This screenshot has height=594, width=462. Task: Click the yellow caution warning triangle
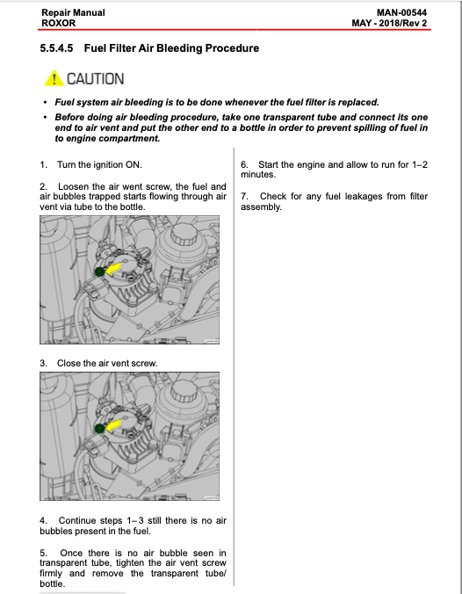[54, 78]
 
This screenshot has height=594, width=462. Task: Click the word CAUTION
[96, 79]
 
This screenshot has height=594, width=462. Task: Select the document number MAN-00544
[401, 12]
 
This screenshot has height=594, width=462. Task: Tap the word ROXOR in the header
[58, 23]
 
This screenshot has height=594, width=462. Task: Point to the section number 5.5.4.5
[56, 48]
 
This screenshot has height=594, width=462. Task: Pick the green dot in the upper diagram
[99, 272]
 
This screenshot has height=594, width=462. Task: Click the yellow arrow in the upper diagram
[113, 269]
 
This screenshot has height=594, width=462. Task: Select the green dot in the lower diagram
[99, 429]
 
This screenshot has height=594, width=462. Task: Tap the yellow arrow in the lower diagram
[113, 425]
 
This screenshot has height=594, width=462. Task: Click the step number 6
[245, 165]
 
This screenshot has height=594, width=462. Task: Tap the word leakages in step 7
[364, 197]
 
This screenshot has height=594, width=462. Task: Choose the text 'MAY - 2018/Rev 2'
[389, 23]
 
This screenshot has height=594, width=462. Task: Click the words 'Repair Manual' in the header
[73, 12]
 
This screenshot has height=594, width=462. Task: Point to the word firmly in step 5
[51, 574]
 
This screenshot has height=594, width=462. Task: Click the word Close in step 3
[67, 363]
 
